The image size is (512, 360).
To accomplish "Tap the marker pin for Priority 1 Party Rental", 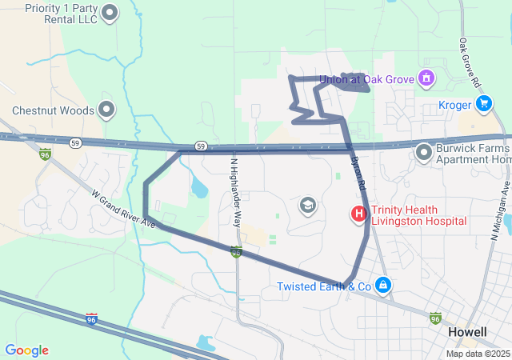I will coord(110,12).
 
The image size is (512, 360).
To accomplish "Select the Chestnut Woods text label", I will coord(53,110).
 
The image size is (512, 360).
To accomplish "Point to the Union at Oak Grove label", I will coord(366,79).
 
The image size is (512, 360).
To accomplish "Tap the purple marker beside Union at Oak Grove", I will coord(426,78).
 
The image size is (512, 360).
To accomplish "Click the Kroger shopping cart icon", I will coord(483,104).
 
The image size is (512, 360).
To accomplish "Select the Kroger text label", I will coord(455,105).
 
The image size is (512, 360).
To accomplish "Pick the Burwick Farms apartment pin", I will coord(423,150).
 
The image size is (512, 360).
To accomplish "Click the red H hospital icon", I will coord(359,214).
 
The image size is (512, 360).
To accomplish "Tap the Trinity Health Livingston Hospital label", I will coord(418,214).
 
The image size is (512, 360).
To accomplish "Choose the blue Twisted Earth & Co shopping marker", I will coord(383,285).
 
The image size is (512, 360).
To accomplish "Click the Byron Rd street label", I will coord(358,171).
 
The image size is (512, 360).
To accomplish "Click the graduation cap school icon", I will coord(307,206).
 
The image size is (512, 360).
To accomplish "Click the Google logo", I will coord(27,350).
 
